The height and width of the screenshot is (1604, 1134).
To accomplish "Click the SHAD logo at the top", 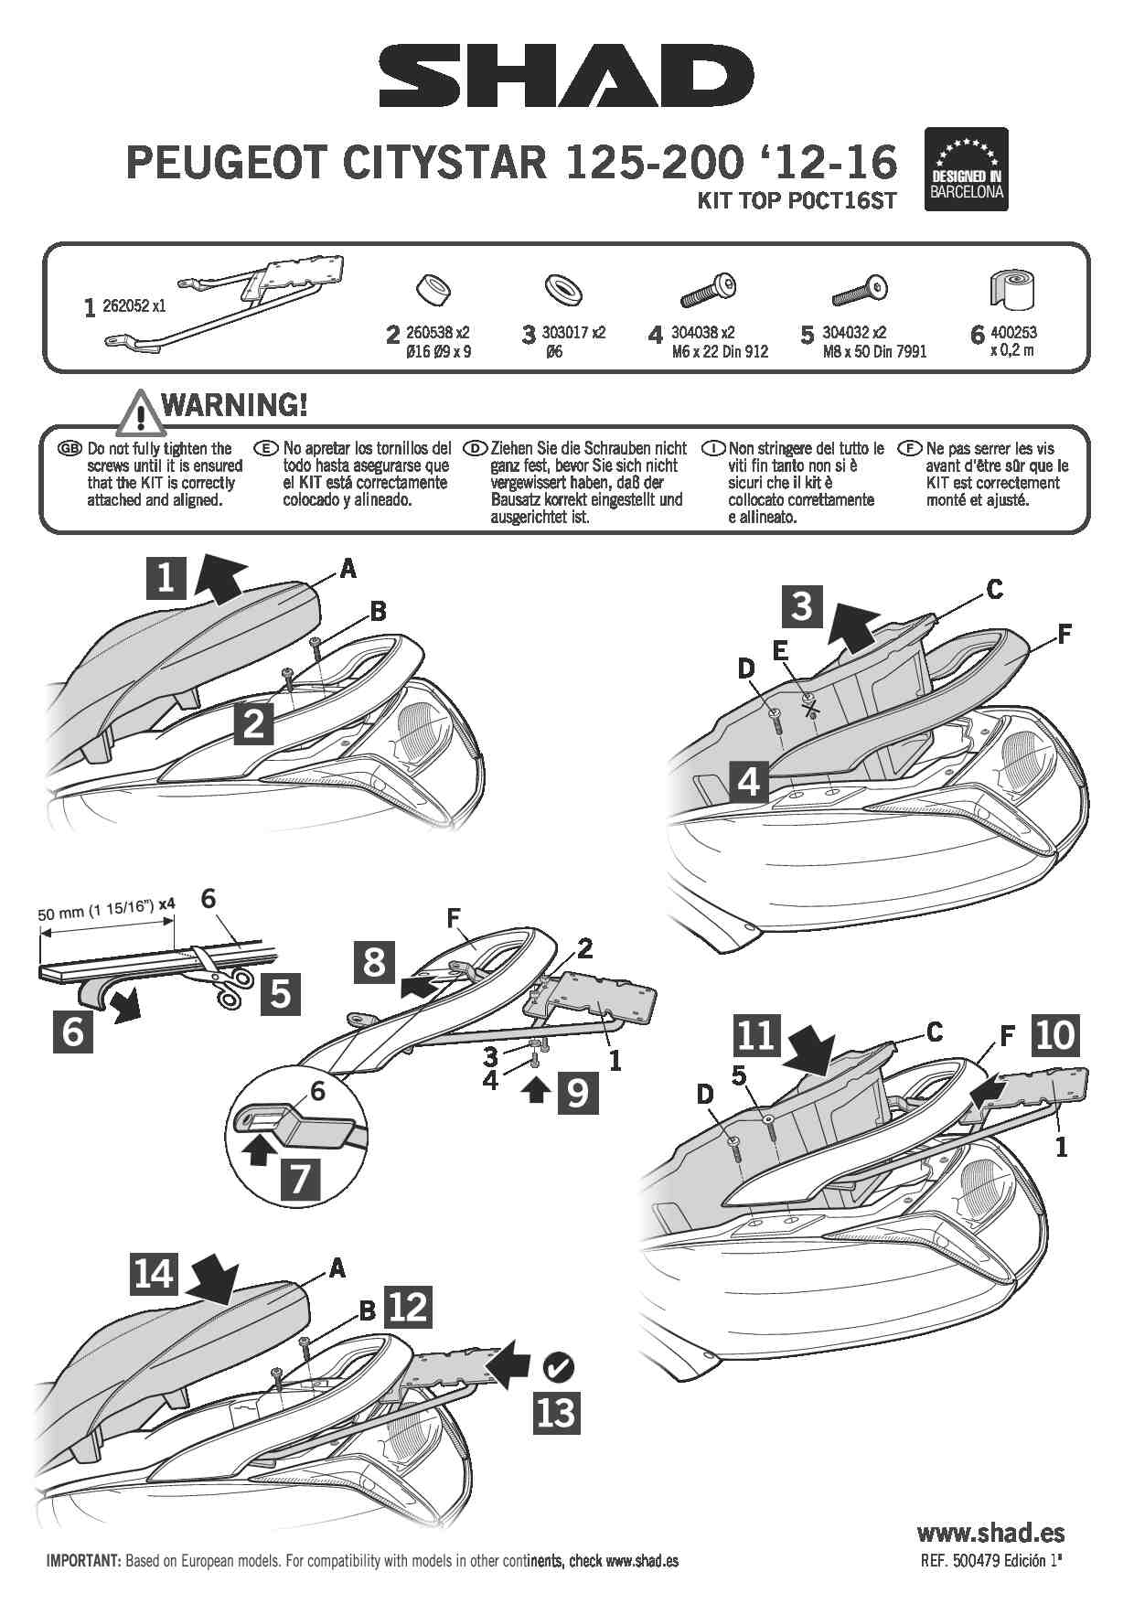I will [x=566, y=78].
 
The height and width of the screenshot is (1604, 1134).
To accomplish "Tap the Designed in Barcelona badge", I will [x=966, y=169].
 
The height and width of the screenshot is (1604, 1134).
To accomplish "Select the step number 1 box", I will [x=166, y=578].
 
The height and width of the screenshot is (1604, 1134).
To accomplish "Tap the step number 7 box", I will [x=301, y=1178].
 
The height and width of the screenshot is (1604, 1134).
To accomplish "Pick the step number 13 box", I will [x=556, y=1412].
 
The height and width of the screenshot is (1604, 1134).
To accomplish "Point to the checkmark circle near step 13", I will [x=558, y=1368].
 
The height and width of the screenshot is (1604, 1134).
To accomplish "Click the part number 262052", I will [x=134, y=306].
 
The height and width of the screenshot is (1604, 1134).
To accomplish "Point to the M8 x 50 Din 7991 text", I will [x=874, y=351].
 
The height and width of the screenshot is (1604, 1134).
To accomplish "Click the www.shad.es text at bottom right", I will [x=990, y=1533].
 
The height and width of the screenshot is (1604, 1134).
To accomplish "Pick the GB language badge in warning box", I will [x=70, y=448].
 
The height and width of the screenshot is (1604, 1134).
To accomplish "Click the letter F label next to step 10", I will [x=1007, y=1036].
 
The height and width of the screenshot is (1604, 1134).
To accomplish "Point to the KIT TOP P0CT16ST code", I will [x=797, y=200].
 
